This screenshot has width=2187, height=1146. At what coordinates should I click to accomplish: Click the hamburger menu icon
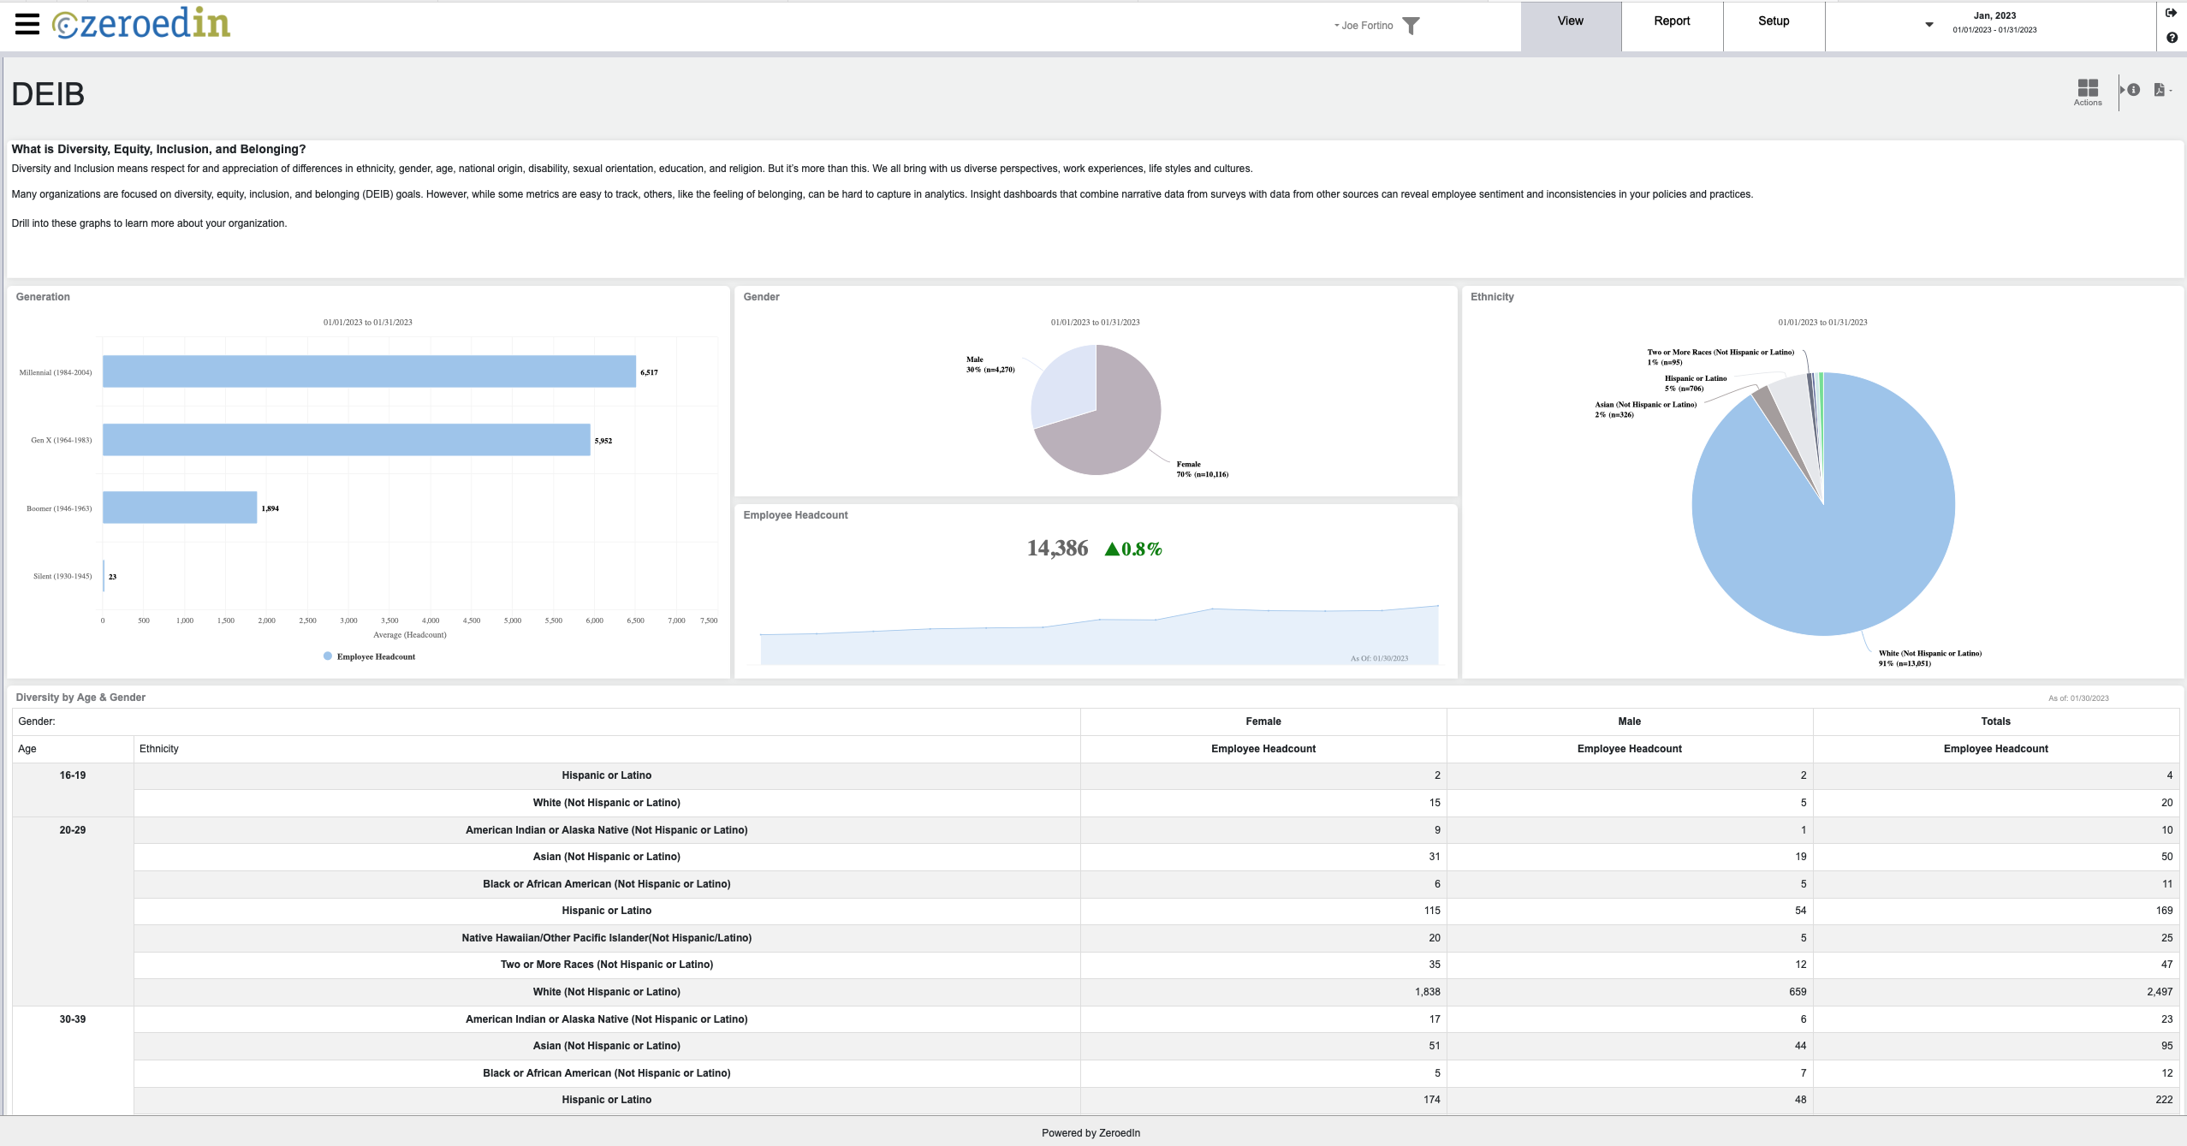(27, 24)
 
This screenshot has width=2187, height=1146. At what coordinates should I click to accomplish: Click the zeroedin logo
(141, 24)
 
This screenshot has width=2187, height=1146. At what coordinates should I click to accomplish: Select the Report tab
(1671, 21)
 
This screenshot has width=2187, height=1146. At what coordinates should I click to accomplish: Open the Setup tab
(1773, 21)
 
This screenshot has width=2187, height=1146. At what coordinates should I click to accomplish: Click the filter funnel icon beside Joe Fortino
(1411, 27)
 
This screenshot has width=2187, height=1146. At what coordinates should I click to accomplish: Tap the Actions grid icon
(2087, 89)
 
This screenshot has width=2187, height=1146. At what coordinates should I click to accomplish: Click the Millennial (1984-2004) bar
(368, 371)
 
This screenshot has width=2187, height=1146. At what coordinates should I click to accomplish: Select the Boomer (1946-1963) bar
(180, 508)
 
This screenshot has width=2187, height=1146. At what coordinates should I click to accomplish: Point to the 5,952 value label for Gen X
(603, 441)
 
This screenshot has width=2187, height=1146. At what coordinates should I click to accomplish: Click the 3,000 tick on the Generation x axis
(348, 621)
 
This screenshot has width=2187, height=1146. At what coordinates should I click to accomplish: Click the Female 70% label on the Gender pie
(1201, 469)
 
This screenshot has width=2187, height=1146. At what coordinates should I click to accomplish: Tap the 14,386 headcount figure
(1057, 549)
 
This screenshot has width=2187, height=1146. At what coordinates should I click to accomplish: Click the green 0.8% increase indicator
(1133, 549)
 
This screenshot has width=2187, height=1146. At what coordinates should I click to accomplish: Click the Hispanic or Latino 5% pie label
(1694, 383)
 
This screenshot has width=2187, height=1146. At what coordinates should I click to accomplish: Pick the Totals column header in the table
(1994, 721)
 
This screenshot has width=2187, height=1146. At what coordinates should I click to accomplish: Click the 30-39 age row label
(73, 1019)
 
